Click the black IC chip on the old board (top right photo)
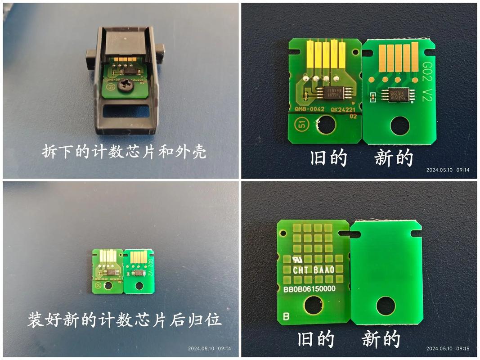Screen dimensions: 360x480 (x=331, y=93)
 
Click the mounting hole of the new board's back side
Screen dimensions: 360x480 (x=386, y=306)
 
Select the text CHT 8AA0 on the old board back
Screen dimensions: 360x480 (x=313, y=270)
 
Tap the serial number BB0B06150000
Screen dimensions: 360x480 (x=310, y=288)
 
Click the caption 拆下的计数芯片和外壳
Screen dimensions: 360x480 (x=124, y=151)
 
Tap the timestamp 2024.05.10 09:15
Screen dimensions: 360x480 (x=447, y=349)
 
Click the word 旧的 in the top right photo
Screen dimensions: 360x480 (x=329, y=158)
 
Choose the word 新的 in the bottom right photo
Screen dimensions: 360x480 (x=381, y=339)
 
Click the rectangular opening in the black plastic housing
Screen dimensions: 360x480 (x=126, y=110)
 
